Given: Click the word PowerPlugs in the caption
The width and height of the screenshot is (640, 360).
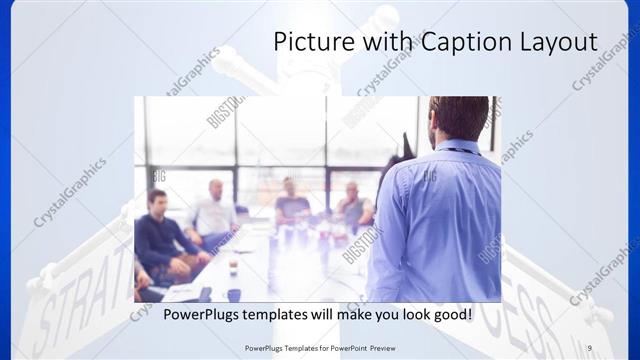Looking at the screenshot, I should pos(205,314).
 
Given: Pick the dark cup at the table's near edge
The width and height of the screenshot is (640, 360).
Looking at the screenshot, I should pos(234,295).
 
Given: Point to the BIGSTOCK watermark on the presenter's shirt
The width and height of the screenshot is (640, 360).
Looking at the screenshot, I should pos(427,176).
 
